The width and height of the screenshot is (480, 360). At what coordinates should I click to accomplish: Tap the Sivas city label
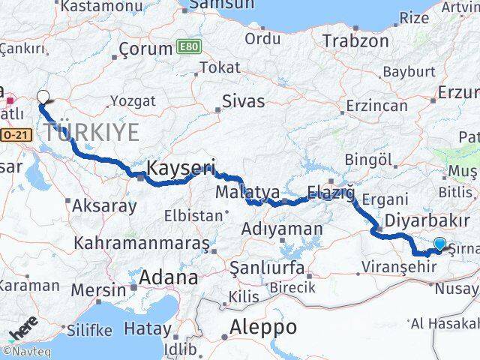(x=243, y=100)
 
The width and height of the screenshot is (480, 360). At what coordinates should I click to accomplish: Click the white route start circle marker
(x=43, y=97)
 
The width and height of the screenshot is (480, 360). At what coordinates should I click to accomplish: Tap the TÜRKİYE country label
(x=92, y=133)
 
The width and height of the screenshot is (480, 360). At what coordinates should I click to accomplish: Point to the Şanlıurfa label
(x=267, y=268)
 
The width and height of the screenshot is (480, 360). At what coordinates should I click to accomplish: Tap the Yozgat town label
(x=133, y=100)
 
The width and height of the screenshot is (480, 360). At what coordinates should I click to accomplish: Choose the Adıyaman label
(x=286, y=229)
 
